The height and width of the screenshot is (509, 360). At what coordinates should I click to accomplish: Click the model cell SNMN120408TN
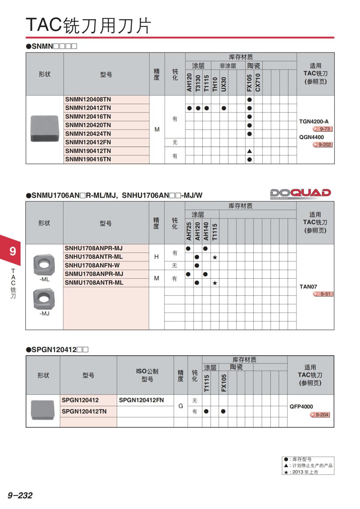pyautogui.click(x=88, y=99)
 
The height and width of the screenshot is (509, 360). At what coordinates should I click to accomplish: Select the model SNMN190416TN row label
pyautogui.click(x=88, y=159)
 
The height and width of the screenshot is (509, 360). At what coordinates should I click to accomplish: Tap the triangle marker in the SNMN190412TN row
pyautogui.click(x=249, y=151)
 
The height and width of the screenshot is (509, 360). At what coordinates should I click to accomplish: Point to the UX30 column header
pyautogui.click(x=223, y=84)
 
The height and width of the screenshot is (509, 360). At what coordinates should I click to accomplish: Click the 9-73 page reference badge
pyautogui.click(x=322, y=129)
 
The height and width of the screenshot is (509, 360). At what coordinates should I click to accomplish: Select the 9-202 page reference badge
pyautogui.click(x=322, y=145)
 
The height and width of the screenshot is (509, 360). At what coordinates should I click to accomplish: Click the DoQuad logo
pyautogui.click(x=300, y=193)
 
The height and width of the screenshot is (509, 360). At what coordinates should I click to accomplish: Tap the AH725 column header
pyautogui.click(x=189, y=231)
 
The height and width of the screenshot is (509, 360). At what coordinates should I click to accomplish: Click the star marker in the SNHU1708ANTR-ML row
pyautogui.click(x=215, y=257)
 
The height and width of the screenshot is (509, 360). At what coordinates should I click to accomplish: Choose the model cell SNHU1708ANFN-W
pyautogui.click(x=92, y=265)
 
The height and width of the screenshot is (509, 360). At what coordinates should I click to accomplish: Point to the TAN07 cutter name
pyautogui.click(x=308, y=287)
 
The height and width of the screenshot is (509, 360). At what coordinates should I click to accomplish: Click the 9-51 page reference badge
pyautogui.click(x=323, y=294)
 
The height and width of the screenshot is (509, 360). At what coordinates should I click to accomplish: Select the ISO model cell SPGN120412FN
pyautogui.click(x=141, y=400)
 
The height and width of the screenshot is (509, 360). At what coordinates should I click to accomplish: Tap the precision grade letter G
pyautogui.click(x=181, y=406)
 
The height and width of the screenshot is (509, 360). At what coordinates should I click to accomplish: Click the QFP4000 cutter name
pyautogui.click(x=301, y=407)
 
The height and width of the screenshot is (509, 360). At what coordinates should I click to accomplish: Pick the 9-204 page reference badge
pyautogui.click(x=320, y=415)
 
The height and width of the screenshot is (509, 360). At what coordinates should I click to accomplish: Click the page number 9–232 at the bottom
pyautogui.click(x=20, y=496)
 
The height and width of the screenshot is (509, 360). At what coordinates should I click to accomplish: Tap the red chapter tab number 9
pyautogui.click(x=13, y=251)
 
